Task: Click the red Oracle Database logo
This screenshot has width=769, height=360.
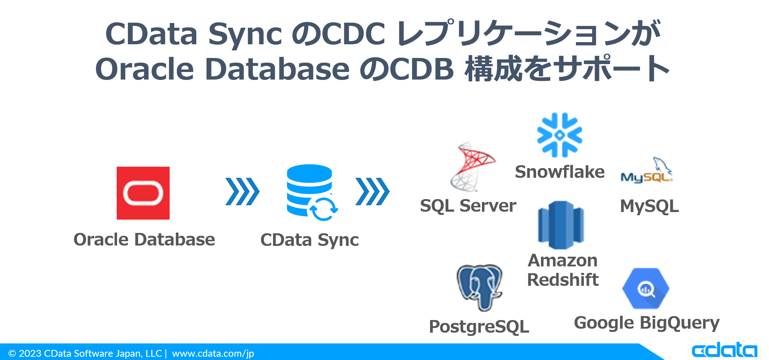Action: [x=143, y=193]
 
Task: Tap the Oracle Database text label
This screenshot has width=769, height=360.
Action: [x=144, y=240]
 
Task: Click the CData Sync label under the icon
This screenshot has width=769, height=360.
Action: [x=309, y=240]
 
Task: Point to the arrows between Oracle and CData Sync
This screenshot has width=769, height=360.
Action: [x=242, y=192]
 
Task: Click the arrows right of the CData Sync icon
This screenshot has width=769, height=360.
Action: [x=372, y=192]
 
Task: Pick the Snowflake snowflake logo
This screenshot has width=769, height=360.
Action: [x=559, y=135]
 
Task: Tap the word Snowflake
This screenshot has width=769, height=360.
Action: [x=559, y=172]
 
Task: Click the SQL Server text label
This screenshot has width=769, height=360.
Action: [x=468, y=206]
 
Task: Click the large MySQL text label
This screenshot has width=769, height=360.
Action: [x=649, y=206]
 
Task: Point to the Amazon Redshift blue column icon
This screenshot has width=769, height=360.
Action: [x=560, y=225]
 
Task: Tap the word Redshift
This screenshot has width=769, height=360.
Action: [x=563, y=280]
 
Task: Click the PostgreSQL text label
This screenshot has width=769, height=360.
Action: [x=479, y=327]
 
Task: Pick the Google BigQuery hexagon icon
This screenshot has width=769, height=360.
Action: [x=645, y=288]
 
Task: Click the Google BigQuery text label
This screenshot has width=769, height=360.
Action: [x=647, y=323]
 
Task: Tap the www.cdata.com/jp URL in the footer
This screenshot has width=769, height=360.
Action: [x=213, y=354]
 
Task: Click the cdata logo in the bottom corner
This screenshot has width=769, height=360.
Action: [x=724, y=350]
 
